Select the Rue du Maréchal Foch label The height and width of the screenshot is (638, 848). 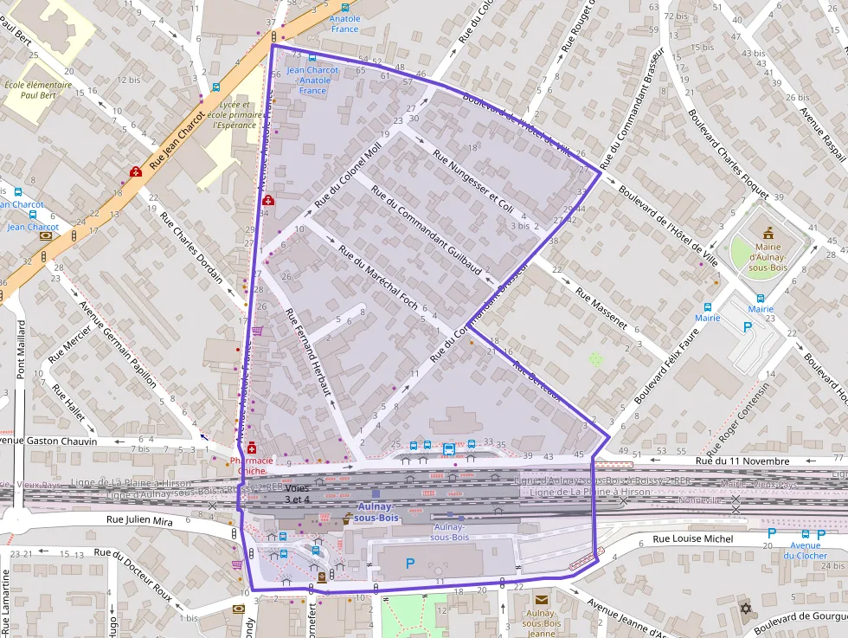click(x=378, y=277)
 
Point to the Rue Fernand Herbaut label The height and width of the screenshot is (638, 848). click(x=308, y=352)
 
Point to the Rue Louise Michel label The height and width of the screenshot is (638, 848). click(x=693, y=538)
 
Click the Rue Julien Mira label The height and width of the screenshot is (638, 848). click(x=139, y=520)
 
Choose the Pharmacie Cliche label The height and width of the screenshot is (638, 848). click(x=252, y=466)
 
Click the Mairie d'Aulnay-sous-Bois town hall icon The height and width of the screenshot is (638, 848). click(x=767, y=233)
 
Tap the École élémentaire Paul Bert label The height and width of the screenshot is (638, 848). click(x=39, y=90)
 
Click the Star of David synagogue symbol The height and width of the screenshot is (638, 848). click(x=746, y=609)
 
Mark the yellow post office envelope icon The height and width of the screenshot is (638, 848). click(x=542, y=599)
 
